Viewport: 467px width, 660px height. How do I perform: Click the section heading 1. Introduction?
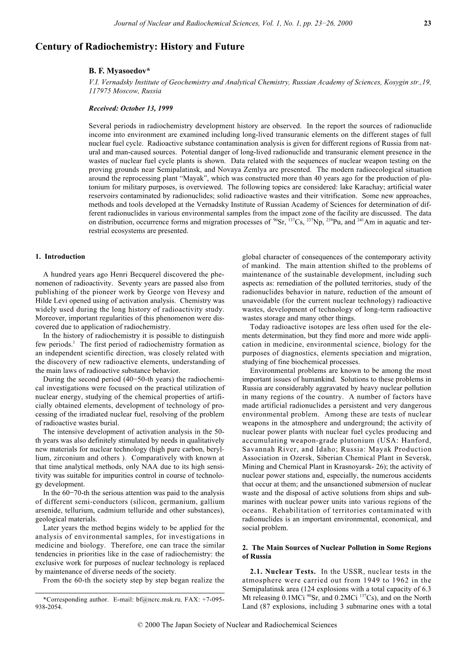pos(60,256)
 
